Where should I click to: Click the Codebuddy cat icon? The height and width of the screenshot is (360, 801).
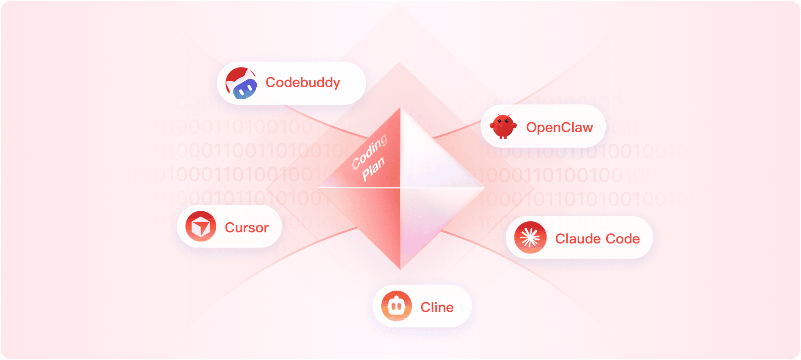tap(241, 83)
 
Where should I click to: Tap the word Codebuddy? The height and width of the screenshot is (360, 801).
tap(303, 83)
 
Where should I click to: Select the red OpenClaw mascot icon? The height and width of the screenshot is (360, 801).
tap(503, 126)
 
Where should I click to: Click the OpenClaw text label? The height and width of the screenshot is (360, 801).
tap(559, 127)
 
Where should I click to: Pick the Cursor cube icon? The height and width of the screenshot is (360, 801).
tap(201, 226)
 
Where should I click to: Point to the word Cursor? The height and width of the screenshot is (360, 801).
tap(247, 228)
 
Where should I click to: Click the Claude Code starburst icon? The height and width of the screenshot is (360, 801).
tap(530, 238)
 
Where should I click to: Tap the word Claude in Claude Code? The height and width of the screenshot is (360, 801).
tap(578, 239)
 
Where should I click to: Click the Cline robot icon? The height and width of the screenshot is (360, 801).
tap(396, 306)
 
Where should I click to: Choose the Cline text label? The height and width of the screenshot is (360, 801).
tap(437, 307)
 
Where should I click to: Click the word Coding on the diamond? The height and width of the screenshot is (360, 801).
tap(370, 152)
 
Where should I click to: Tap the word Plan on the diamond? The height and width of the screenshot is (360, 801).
tap(373, 169)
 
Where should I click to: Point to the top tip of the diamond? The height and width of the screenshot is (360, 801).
tap(400, 108)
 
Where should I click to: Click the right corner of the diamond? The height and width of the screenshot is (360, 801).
tap(484, 188)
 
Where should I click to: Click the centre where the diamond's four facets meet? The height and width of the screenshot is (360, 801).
tap(400, 188)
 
